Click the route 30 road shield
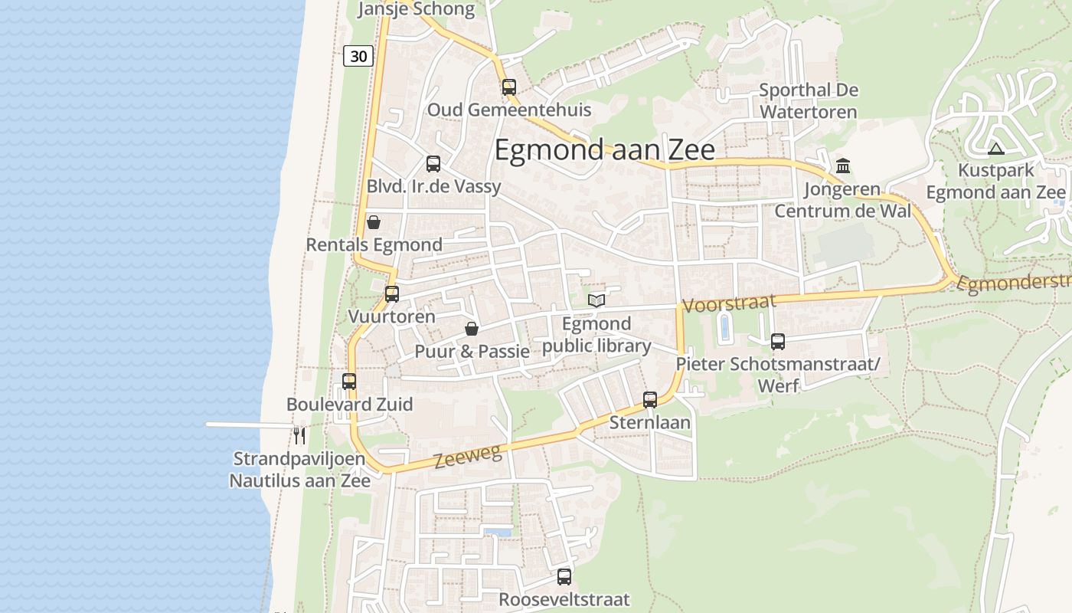pyautogui.click(x=358, y=55)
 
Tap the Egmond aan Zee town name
pyautogui.click(x=604, y=149)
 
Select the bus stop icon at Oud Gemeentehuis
pyautogui.click(x=509, y=87)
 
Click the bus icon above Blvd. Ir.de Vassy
pyautogui.click(x=433, y=163)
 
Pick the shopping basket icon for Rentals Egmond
pyautogui.click(x=374, y=223)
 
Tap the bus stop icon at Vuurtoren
pyautogui.click(x=392, y=293)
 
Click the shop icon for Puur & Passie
pyautogui.click(x=472, y=329)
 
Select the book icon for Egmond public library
pyautogui.click(x=596, y=300)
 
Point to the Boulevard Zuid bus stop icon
pyautogui.click(x=349, y=381)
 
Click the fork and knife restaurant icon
pyautogui.click(x=299, y=436)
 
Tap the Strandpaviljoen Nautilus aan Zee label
pyautogui.click(x=299, y=470)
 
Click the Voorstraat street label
pyautogui.click(x=728, y=303)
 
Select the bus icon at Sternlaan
pyautogui.click(x=650, y=399)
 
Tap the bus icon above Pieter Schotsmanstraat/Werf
pyautogui.click(x=778, y=342)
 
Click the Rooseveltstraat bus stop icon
pyautogui.click(x=564, y=577)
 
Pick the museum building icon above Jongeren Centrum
pyautogui.click(x=843, y=166)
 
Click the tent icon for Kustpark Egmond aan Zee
pyautogui.click(x=995, y=149)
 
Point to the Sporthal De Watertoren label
pyautogui.click(x=809, y=101)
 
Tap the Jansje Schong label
pyautogui.click(x=417, y=9)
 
